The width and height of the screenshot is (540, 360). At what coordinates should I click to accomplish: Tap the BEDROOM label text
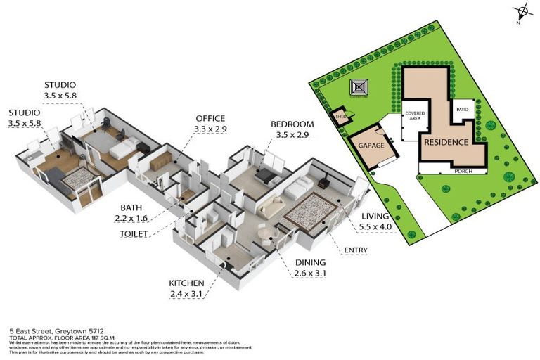(292, 124)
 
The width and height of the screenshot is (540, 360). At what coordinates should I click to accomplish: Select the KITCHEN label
(186, 283)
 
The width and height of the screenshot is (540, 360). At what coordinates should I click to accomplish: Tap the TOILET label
(134, 233)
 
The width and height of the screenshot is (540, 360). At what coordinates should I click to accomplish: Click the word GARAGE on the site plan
(371, 146)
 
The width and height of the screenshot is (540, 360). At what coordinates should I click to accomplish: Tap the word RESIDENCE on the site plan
(445, 142)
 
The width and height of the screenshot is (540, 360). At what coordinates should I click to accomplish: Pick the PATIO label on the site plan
(462, 110)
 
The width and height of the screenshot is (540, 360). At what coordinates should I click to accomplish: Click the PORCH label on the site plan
(463, 171)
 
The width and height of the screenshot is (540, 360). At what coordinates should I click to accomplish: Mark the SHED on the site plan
(341, 117)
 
